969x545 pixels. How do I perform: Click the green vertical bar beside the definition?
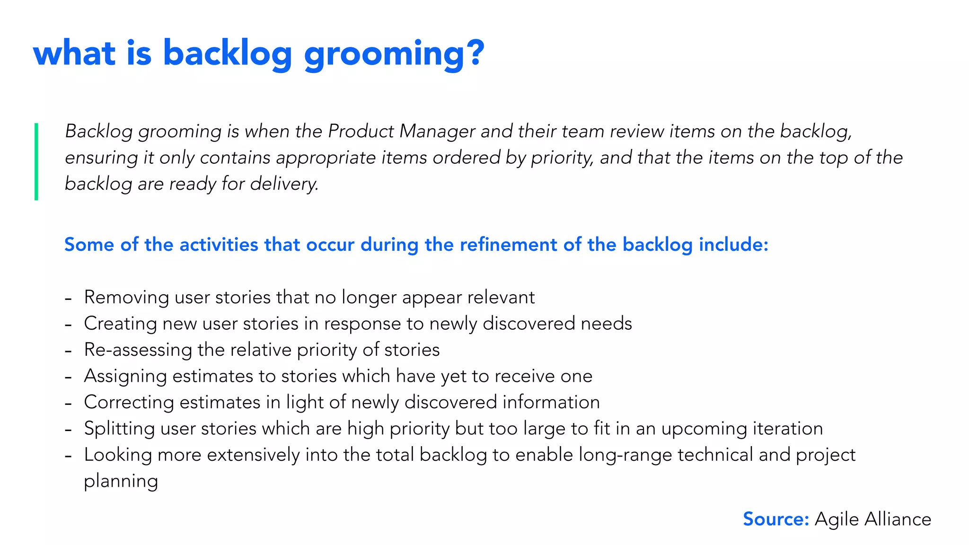point(36,161)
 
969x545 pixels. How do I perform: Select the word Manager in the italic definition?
point(437,132)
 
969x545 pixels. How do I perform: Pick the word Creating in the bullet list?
point(120,324)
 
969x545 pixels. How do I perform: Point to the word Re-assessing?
point(138,350)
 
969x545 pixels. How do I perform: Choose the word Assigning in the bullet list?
point(125,376)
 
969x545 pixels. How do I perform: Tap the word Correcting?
point(129,402)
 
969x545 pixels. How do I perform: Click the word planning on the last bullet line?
point(121,482)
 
